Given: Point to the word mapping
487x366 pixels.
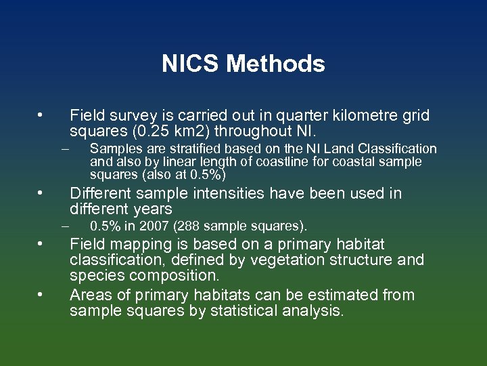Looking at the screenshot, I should [135, 244].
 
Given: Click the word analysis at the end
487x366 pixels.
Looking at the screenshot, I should [315, 311].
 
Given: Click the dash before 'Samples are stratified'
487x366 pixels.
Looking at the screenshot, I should [65, 148].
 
